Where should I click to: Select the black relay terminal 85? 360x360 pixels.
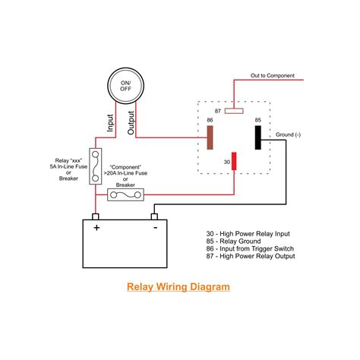click(x=258, y=137)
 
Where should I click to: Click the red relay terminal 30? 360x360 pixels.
click(x=235, y=162)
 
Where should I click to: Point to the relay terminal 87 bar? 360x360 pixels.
click(x=235, y=110)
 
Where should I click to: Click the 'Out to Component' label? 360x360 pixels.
click(x=273, y=76)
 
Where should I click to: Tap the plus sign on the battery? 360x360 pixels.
click(x=96, y=226)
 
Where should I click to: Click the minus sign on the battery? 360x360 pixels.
click(x=154, y=226)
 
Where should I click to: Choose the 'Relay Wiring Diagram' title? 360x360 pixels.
click(x=177, y=288)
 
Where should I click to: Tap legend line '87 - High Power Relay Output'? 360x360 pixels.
click(x=251, y=256)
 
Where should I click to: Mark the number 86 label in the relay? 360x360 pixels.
click(x=210, y=119)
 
